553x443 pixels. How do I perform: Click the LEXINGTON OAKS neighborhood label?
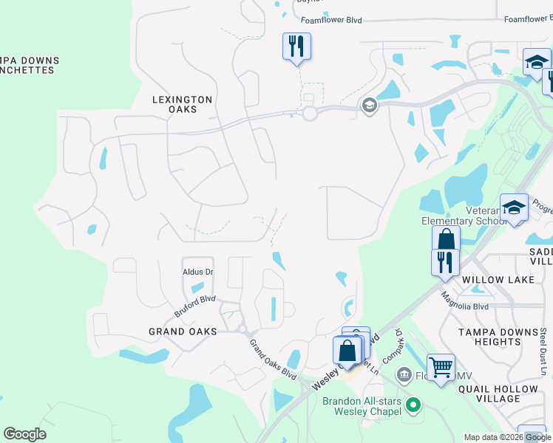click(x=182, y=104)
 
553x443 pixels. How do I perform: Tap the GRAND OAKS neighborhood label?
click(x=182, y=332)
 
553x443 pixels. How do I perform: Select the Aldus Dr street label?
click(x=197, y=272)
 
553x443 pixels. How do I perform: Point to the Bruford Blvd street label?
click(x=194, y=306)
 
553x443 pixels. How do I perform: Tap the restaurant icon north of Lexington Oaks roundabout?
click(x=296, y=47)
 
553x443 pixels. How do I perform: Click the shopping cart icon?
click(x=441, y=367)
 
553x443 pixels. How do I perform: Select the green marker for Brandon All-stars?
click(x=413, y=405)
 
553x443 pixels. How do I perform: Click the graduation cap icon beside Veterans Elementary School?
click(x=514, y=208)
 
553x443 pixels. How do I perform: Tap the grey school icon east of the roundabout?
click(x=369, y=106)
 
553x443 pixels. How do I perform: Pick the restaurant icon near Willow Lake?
click(x=445, y=262)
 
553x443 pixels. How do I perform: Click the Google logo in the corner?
click(x=24, y=434)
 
